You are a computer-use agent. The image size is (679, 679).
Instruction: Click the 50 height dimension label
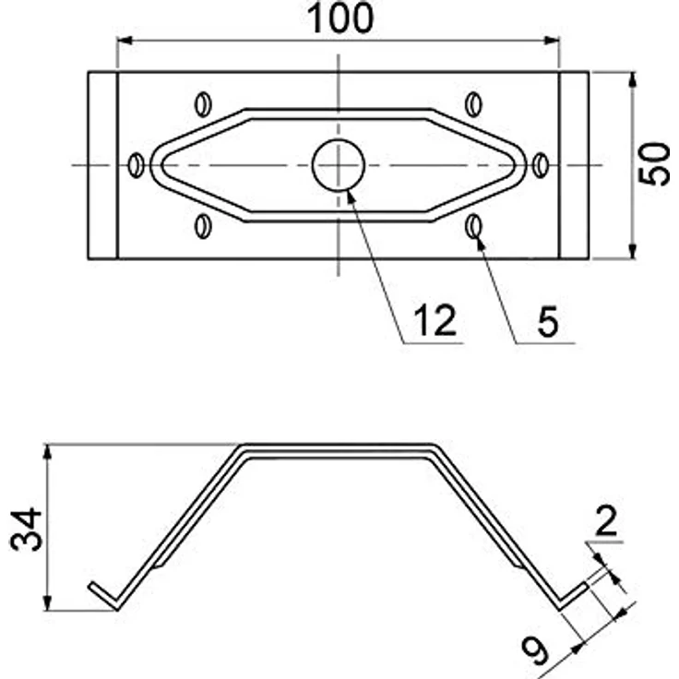[x=656, y=165]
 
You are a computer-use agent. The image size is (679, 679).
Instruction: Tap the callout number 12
[x=434, y=321]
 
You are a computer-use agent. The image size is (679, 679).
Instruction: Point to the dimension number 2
[x=606, y=523]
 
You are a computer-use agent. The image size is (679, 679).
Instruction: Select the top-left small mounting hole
[x=203, y=103]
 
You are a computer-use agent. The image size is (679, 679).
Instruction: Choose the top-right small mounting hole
[x=474, y=103]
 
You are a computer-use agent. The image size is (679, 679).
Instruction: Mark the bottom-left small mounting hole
[x=203, y=225]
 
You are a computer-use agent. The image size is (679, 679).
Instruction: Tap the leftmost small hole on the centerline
[x=137, y=165]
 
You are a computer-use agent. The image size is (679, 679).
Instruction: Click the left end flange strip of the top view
[x=102, y=165]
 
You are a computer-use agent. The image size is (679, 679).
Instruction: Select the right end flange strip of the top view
[x=574, y=165]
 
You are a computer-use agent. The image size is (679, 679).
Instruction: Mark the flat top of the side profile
[x=339, y=449]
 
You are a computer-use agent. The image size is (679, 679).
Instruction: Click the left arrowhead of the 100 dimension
[x=124, y=40]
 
